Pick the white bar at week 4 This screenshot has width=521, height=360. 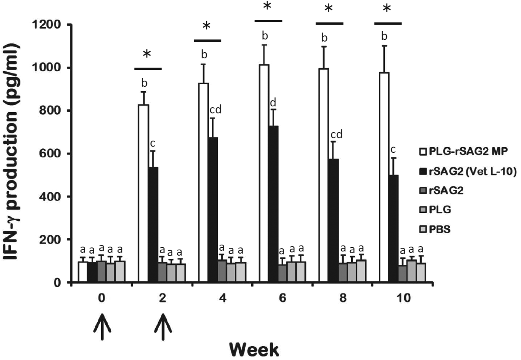click(x=204, y=182)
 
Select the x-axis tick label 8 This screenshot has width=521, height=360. click(x=343, y=298)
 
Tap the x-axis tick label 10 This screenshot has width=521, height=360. click(x=403, y=298)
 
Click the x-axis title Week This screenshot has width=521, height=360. click(x=254, y=350)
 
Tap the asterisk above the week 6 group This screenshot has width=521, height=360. click(x=267, y=7)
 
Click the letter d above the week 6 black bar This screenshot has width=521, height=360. click(x=273, y=103)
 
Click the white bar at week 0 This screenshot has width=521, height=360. click(x=83, y=272)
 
